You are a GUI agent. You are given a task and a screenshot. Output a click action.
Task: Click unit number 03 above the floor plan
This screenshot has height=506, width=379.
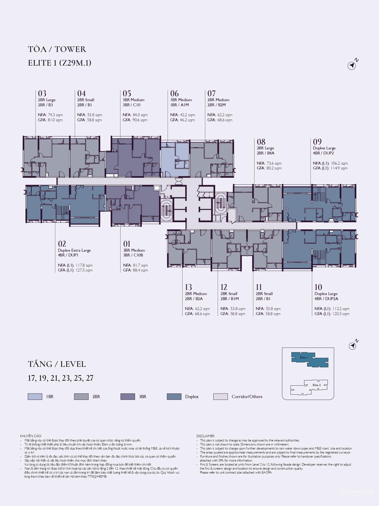coord(42,93)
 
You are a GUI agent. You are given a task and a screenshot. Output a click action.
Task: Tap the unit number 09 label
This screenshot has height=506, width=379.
coord(317,142)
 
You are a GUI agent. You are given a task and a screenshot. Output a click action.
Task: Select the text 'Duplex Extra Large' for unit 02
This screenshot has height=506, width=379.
coord(74,250)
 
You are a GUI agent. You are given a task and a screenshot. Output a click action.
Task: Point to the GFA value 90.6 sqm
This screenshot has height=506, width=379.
coord(140,120)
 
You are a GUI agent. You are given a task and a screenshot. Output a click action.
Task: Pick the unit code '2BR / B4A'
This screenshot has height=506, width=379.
coord(265,153)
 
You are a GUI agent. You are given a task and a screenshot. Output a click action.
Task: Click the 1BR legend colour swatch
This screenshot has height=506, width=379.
coord(35,397)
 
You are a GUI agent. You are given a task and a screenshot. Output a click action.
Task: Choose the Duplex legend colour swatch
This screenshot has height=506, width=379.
coord(174,397)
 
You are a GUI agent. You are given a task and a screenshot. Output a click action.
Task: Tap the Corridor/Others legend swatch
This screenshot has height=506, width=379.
coord(221,397)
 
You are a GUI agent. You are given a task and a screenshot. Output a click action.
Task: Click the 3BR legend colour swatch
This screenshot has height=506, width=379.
coord(128,397)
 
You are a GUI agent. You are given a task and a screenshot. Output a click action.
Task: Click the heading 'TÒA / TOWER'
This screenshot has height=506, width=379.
coord(57,49)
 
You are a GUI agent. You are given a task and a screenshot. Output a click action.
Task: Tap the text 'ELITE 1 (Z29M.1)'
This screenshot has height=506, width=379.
coord(60,63)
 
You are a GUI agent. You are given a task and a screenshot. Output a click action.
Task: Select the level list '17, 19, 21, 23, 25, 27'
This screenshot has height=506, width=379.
coord(61,378)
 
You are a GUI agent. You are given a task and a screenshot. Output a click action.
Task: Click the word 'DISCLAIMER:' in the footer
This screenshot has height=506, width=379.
coord(206,436)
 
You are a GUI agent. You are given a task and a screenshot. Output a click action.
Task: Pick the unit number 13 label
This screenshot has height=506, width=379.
coord(188,287)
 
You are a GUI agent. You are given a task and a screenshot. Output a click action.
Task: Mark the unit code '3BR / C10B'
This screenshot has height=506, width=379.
coord(133,255)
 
